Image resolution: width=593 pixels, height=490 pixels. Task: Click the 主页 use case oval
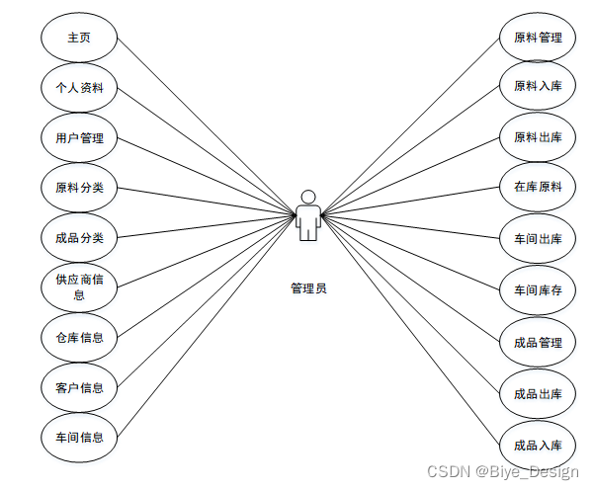79,39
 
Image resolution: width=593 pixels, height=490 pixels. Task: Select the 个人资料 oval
79,88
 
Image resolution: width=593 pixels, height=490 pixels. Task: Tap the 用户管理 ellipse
79,138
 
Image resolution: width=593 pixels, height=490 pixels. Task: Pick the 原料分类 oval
79,188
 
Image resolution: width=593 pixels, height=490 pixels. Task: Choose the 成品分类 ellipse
79,237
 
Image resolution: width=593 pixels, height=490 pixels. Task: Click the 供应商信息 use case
79,287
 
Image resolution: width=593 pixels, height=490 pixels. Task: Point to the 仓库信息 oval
79,337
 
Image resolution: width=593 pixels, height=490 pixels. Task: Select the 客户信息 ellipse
79,386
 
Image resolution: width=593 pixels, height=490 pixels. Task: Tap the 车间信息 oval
79,436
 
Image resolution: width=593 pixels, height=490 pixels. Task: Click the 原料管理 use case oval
538,39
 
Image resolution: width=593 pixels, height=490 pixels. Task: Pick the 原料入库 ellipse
538,87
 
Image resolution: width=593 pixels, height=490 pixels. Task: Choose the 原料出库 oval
538,136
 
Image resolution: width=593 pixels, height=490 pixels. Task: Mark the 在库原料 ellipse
538,187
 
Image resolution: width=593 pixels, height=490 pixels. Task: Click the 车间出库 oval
538,238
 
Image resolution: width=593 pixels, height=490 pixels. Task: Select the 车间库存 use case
538,290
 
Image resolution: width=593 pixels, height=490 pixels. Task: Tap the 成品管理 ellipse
538,342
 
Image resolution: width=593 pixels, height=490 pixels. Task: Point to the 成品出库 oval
538,393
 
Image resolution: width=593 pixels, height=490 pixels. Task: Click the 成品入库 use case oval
538,445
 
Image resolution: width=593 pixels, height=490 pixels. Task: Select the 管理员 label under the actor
308,288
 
